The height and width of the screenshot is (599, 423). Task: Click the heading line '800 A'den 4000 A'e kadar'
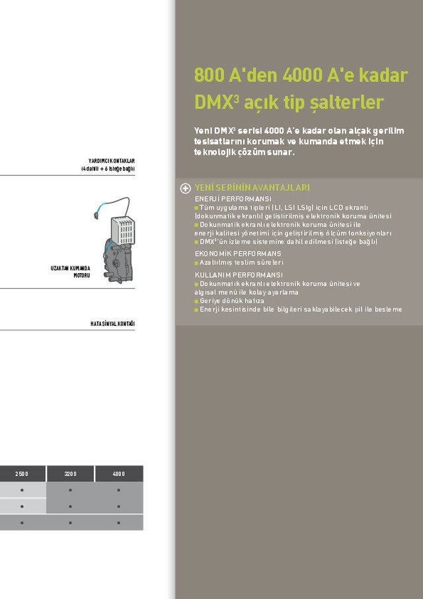click(301, 75)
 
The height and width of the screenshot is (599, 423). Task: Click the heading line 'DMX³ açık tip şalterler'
click(289, 102)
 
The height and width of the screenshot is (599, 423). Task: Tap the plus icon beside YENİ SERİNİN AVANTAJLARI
click(186, 188)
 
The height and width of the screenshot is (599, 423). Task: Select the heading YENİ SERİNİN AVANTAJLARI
click(252, 188)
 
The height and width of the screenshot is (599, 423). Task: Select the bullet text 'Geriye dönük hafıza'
click(231, 301)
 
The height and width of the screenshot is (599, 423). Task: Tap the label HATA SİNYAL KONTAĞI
click(112, 323)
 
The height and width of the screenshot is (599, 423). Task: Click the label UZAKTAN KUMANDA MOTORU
click(70, 271)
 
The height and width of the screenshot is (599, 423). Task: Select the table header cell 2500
click(22, 474)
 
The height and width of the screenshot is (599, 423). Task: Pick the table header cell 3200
click(71, 474)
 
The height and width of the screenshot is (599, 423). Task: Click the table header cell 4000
click(119, 474)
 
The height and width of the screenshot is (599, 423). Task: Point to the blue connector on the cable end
click(96, 213)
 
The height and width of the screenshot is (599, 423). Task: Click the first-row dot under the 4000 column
click(119, 491)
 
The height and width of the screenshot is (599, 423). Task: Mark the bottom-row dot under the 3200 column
click(71, 522)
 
